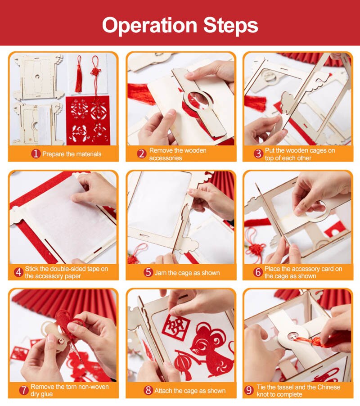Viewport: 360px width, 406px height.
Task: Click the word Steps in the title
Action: [x=230, y=25]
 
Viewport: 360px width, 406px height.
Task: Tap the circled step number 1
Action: [x=36, y=154]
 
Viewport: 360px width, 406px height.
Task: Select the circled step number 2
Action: [x=142, y=154]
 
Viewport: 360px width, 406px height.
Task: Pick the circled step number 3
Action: [x=258, y=154]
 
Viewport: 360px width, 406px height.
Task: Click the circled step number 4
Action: [x=18, y=272]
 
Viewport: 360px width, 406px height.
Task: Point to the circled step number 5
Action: [x=148, y=272]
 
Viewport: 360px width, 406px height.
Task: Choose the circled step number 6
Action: [x=258, y=272]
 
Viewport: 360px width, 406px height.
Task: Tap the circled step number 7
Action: [x=24, y=390]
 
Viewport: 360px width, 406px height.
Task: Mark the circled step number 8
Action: [x=148, y=390]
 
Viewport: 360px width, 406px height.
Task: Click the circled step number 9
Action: [x=249, y=390]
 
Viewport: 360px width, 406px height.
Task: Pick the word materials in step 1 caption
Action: [x=88, y=154]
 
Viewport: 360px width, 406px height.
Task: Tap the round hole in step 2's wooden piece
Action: [x=198, y=99]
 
